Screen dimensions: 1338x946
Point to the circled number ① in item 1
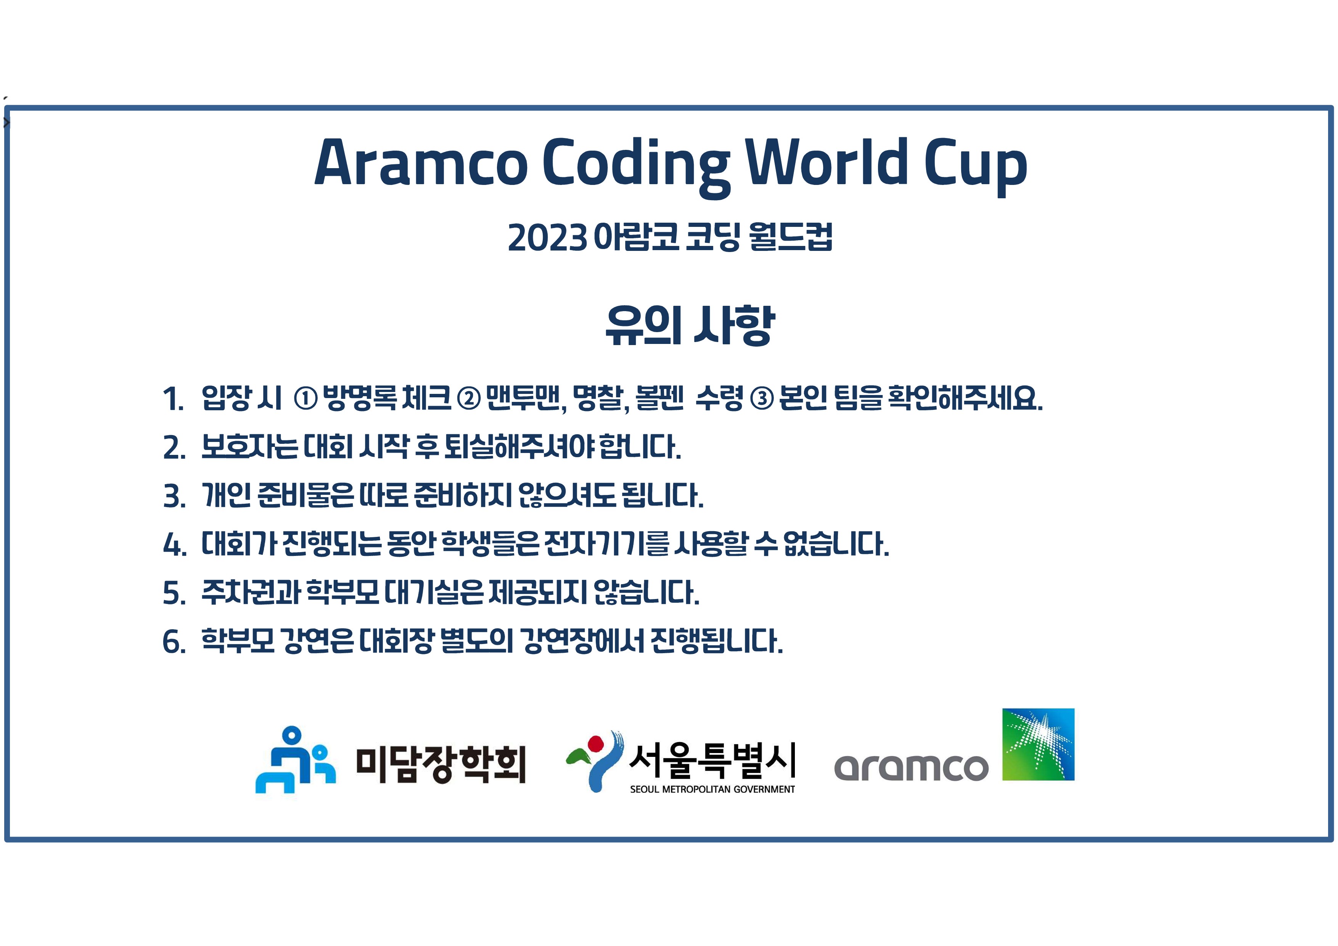pos(306,399)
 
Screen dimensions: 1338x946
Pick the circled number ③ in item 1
pos(761,399)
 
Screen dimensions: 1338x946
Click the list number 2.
pos(174,448)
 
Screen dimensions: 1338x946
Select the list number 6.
pos(174,642)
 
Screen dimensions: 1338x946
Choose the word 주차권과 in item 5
pos(251,593)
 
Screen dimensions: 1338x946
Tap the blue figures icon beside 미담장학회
pos(296,760)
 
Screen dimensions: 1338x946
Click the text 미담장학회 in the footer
pos(441,764)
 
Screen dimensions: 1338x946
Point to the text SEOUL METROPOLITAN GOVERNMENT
pos(712,789)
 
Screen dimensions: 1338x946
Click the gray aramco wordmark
pos(912,767)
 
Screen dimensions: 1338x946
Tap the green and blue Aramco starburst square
pos(1038,744)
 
